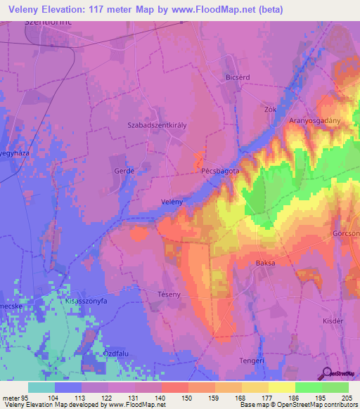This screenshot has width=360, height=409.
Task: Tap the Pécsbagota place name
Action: [x=219, y=171]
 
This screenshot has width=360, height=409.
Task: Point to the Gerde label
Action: [x=124, y=171]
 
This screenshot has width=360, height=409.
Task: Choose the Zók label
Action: [x=269, y=110]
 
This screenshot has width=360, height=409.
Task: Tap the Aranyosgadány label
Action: [x=314, y=121]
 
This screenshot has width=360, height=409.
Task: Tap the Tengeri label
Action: [x=251, y=361]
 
